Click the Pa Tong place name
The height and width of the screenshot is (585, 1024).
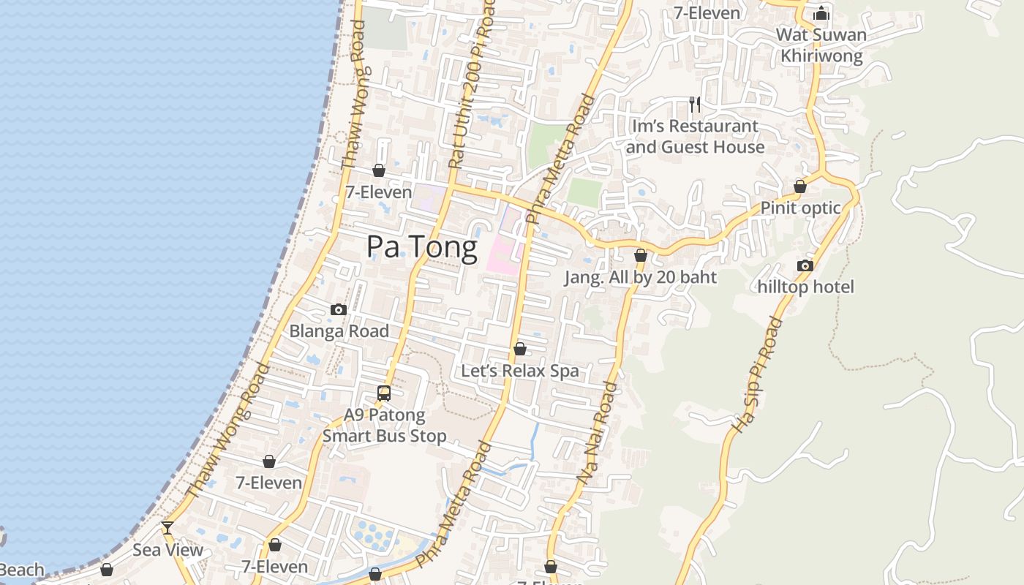(x=421, y=247)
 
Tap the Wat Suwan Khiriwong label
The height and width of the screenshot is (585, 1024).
(x=821, y=45)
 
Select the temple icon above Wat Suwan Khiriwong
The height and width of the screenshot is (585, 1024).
(x=821, y=13)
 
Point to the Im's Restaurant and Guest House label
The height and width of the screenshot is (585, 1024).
(x=695, y=137)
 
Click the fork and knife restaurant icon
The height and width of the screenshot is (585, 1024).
(x=695, y=105)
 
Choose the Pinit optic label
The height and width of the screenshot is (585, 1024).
(x=800, y=208)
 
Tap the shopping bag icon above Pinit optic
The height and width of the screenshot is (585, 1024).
(x=800, y=186)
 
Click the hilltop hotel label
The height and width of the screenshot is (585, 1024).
(x=805, y=287)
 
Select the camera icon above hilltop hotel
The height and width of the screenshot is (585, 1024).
(x=805, y=265)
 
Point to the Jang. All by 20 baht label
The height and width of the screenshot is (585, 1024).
(x=641, y=277)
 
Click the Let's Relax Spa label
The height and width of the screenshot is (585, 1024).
(x=519, y=371)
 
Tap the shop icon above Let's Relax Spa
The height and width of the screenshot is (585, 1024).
(x=519, y=349)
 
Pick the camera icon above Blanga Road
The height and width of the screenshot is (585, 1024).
(x=338, y=310)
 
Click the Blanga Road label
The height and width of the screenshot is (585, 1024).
(x=339, y=331)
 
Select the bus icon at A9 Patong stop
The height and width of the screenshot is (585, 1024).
(x=384, y=393)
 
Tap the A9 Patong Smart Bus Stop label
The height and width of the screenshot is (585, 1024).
(x=384, y=426)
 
